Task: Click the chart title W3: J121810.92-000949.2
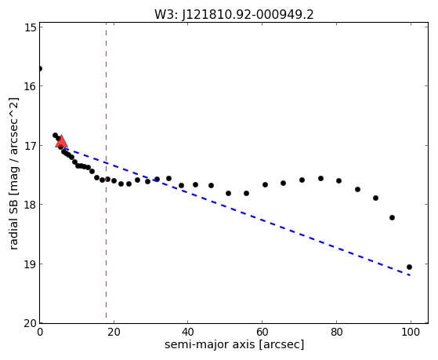click(x=234, y=14)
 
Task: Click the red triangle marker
click(x=61, y=141)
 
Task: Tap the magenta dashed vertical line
click(x=106, y=170)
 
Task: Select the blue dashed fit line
click(x=236, y=212)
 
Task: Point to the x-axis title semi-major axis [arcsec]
click(x=234, y=344)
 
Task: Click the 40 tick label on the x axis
click(x=188, y=332)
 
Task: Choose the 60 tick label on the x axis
click(x=262, y=332)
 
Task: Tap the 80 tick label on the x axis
click(x=337, y=332)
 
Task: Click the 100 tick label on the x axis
click(x=411, y=332)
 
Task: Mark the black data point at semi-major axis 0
click(x=40, y=68)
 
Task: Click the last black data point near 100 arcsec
click(x=409, y=267)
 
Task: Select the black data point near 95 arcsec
click(x=392, y=217)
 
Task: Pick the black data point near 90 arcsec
click(x=375, y=198)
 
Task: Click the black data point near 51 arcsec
click(x=228, y=193)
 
